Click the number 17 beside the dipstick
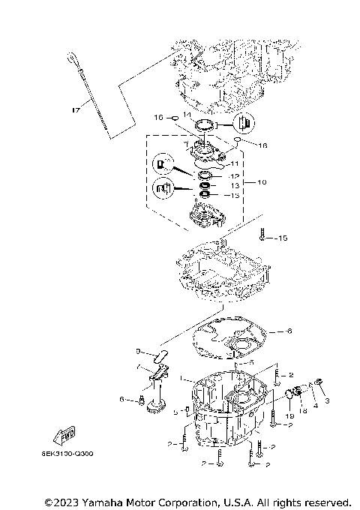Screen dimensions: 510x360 point(75,111)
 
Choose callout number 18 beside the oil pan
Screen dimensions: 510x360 point(304,412)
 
